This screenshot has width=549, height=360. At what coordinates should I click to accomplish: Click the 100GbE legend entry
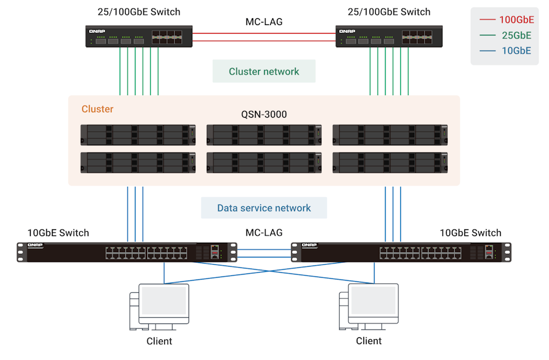516,20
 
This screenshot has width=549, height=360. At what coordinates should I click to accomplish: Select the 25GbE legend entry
516,35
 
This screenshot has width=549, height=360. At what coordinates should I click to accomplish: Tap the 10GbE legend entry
516,51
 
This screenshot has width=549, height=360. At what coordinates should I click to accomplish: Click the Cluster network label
264,71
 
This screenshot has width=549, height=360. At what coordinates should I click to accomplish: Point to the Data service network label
264,208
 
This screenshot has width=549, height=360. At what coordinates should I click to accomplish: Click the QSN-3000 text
264,114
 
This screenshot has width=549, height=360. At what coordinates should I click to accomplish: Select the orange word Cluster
98,109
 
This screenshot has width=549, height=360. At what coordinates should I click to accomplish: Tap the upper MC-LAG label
264,22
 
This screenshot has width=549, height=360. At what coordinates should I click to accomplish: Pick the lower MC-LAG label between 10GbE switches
264,233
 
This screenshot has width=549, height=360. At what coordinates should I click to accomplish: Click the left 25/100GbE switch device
139,37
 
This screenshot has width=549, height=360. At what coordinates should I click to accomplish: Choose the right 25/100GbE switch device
389,37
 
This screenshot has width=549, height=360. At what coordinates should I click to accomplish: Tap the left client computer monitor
163,301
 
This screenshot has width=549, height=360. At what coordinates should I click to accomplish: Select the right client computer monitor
373,301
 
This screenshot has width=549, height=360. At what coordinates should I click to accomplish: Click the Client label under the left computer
159,341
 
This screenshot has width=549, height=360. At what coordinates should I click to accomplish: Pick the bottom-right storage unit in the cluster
390,162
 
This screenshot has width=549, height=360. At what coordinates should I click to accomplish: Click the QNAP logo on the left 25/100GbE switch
98,31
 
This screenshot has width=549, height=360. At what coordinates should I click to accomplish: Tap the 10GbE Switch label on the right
470,233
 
